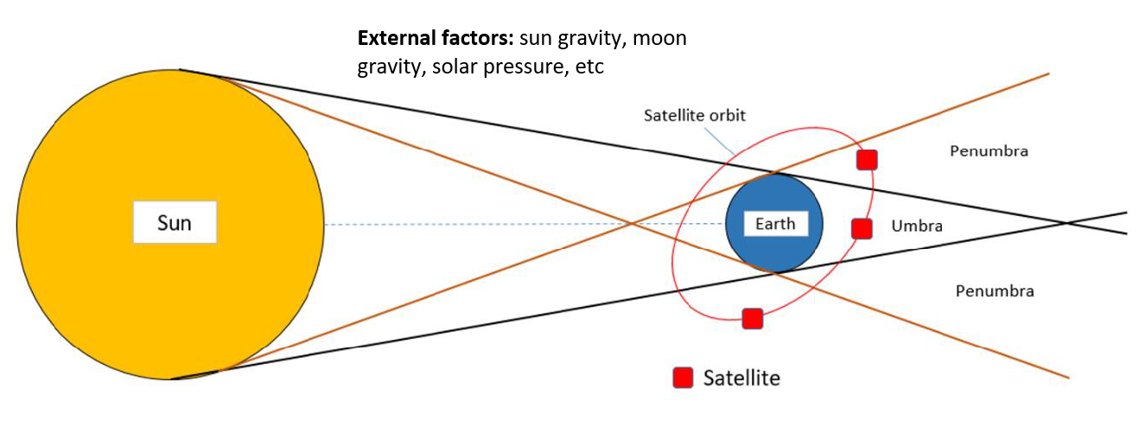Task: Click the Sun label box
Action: [175, 222]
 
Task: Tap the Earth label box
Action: [776, 224]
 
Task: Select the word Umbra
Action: [917, 226]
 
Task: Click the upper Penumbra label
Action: [989, 151]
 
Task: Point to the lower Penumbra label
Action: [995, 290]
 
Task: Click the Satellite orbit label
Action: [695, 115]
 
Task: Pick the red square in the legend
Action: [683, 378]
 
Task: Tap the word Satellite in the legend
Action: [741, 379]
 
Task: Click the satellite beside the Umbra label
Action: [862, 229]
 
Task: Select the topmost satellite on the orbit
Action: [867, 160]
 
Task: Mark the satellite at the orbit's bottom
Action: [753, 319]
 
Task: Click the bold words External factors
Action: [436, 38]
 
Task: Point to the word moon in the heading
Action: [659, 39]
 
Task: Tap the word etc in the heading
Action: [590, 67]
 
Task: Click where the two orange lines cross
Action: [631, 223]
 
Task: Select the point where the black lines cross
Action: [1067, 223]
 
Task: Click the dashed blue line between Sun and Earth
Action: [525, 224]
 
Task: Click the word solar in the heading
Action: [455, 67]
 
